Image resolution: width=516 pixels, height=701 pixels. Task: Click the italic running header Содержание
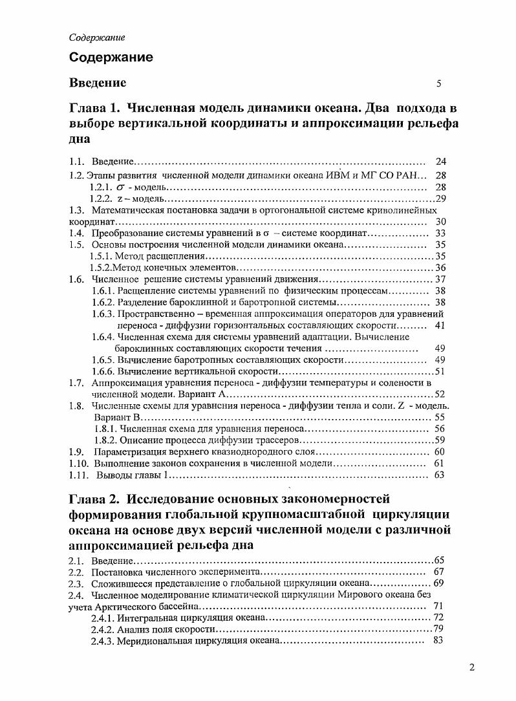tap(97, 38)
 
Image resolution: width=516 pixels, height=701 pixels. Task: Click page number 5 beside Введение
tap(438, 83)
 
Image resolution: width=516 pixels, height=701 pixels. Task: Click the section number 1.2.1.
tap(102, 187)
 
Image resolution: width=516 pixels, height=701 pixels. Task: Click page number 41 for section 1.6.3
tap(440, 325)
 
